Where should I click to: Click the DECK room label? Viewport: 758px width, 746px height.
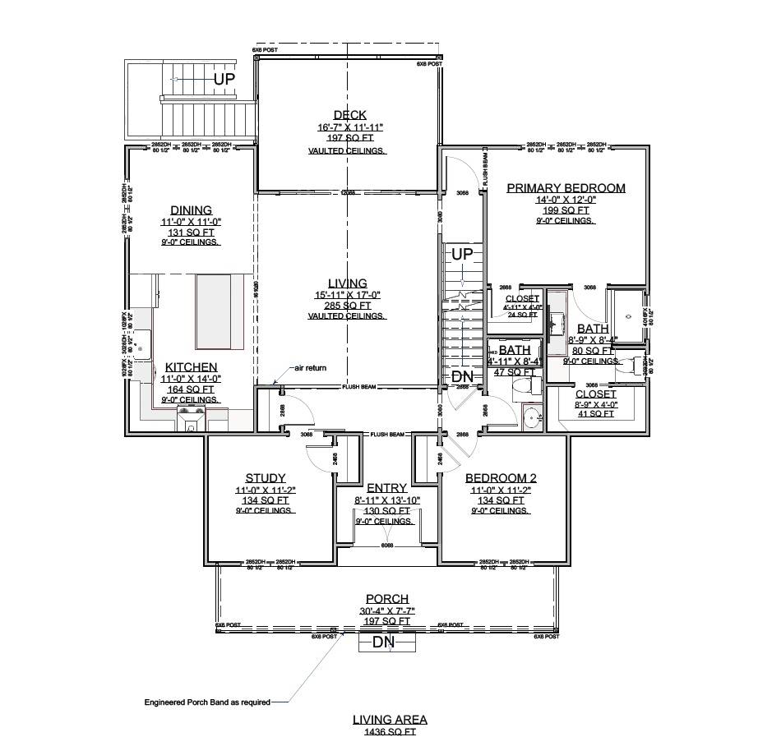[x=349, y=115]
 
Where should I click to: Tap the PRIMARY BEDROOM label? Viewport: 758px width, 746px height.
[x=566, y=188]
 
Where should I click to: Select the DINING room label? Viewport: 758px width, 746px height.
[x=191, y=210]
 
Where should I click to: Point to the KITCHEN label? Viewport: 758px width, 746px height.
[x=191, y=367]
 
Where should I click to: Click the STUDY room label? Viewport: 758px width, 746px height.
[x=266, y=478]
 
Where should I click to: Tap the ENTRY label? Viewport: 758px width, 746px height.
[x=386, y=488]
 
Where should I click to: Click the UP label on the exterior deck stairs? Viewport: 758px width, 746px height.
[x=224, y=80]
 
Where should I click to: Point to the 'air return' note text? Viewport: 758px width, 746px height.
[x=310, y=368]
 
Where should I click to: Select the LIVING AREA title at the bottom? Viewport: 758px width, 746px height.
[x=390, y=720]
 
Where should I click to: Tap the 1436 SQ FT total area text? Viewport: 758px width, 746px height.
[x=390, y=732]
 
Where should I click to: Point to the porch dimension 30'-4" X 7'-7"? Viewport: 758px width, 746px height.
[x=386, y=611]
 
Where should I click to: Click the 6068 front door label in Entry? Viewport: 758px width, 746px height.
[x=386, y=545]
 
